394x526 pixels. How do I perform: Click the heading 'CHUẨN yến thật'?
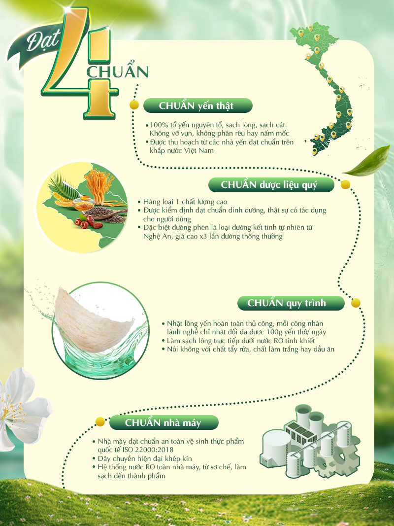pos(197,105)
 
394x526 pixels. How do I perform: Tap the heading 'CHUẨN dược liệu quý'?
pos(269,184)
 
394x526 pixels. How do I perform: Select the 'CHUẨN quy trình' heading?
pos(287,303)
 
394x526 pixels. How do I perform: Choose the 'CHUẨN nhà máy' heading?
pos(163,422)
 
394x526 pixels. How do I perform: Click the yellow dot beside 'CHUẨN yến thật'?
pos(134,105)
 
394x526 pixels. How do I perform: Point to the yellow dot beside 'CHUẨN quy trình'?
pos(356,303)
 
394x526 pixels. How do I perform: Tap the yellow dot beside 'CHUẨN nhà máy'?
pos(100,421)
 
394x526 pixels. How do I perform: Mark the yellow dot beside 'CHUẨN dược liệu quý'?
pos(345,184)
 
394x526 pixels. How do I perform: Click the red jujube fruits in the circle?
pos(88,221)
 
